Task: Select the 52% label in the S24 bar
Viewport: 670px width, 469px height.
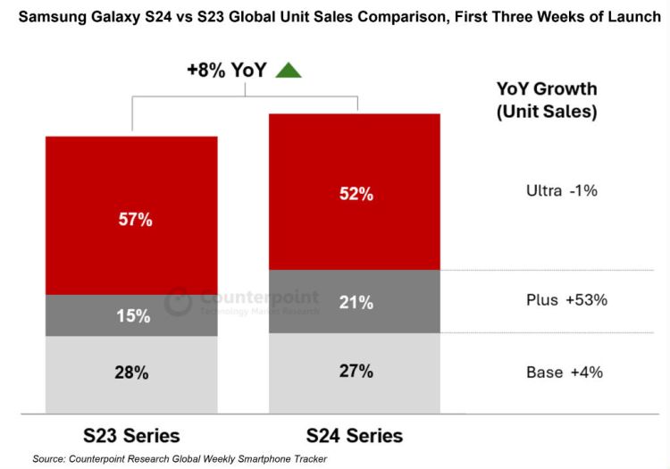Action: click(x=355, y=193)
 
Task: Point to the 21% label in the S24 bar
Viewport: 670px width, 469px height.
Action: click(x=355, y=303)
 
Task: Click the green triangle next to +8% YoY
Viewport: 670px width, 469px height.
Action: click(x=289, y=71)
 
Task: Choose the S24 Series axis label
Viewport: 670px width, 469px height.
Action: click(x=355, y=436)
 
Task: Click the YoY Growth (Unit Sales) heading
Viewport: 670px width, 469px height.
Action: click(x=547, y=101)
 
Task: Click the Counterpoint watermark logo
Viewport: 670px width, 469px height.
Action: click(x=179, y=301)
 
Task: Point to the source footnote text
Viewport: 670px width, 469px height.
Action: click(x=180, y=459)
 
